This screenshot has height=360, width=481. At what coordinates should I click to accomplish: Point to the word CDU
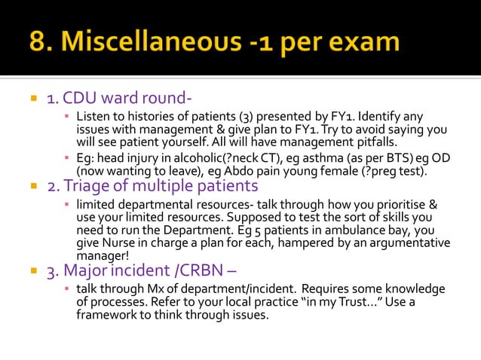(80, 98)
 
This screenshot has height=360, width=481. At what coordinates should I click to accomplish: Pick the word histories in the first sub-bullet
(142, 117)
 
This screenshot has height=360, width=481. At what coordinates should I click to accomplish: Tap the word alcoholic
(190, 158)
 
